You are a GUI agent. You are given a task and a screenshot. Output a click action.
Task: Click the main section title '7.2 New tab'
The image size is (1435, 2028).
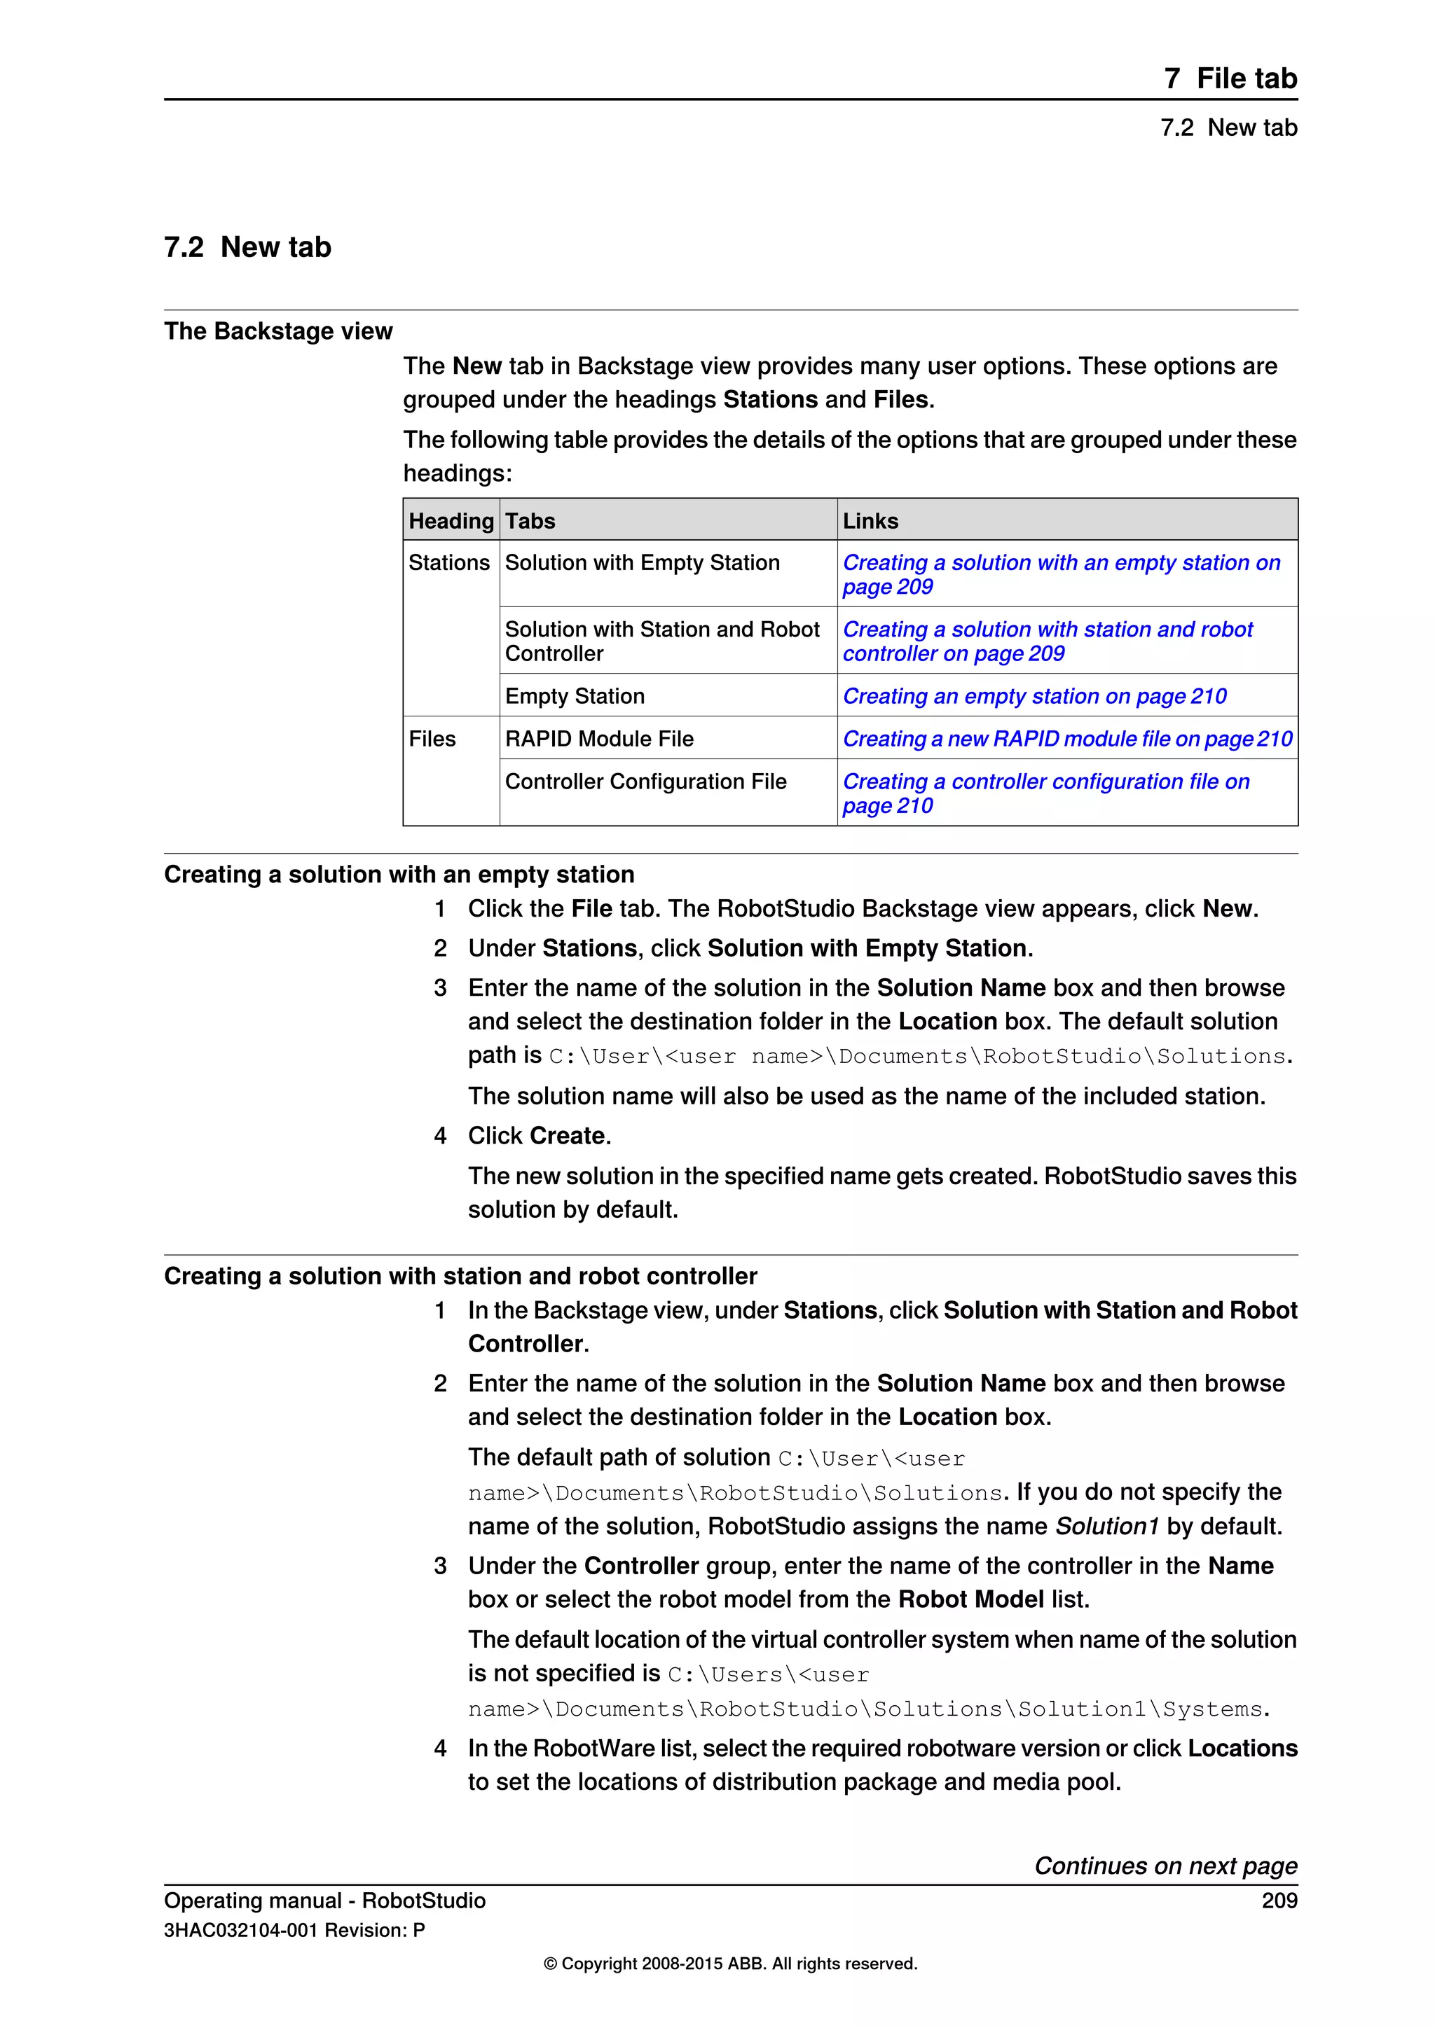click(x=247, y=246)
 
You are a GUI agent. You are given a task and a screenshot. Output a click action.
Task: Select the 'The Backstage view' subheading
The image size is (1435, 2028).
click(x=277, y=331)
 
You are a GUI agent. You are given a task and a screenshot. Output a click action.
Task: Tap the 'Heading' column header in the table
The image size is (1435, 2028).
click(x=451, y=521)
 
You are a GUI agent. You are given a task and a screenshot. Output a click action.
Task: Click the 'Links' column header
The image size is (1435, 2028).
click(x=870, y=521)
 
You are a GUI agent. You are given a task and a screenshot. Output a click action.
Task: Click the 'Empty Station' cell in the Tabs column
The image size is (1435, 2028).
click(x=575, y=696)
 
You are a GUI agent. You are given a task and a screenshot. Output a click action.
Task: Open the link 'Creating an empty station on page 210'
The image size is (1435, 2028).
click(x=1034, y=696)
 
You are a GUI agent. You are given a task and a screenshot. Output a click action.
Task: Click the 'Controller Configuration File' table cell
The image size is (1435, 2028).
click(x=645, y=782)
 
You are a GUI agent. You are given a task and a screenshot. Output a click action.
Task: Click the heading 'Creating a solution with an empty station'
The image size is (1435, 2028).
click(x=399, y=875)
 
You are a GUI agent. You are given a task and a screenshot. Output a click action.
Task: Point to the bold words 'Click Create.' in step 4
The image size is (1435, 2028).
click(x=539, y=1136)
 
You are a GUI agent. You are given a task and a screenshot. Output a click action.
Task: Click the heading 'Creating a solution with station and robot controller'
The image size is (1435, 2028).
click(x=460, y=1277)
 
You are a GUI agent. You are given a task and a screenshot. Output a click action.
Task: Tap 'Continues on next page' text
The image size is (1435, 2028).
click(x=1165, y=1866)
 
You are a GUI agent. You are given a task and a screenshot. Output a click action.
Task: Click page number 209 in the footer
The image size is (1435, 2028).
click(x=1279, y=1901)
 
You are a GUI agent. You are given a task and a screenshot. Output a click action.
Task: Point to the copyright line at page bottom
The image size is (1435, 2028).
click(x=730, y=1964)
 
